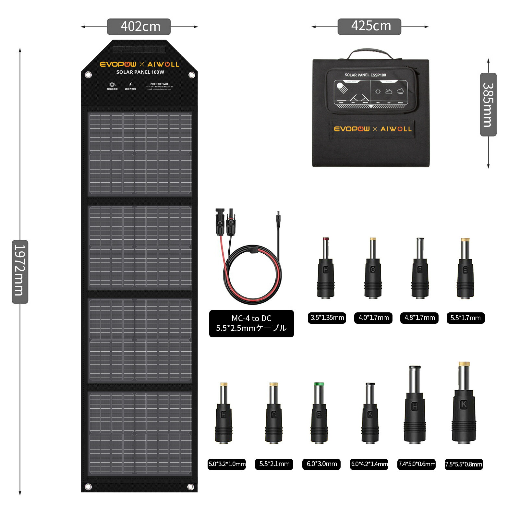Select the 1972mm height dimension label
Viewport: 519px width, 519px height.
[x=20, y=272]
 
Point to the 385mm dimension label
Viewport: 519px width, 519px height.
[x=488, y=104]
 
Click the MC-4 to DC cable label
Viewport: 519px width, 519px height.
[x=251, y=323]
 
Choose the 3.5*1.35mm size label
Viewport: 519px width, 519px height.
[x=327, y=318]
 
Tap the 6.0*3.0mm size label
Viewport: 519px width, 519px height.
[x=321, y=464]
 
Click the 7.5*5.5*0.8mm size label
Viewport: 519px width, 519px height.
[x=464, y=464]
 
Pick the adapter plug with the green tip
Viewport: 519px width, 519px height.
[x=319, y=414]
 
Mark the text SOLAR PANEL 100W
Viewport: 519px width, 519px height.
[x=140, y=72]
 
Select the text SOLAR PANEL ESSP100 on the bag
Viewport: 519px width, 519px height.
[x=365, y=75]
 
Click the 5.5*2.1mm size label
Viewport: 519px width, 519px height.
[x=274, y=464]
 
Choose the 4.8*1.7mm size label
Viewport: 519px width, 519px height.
[x=419, y=318]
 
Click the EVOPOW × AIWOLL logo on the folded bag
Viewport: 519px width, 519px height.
[x=373, y=129]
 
